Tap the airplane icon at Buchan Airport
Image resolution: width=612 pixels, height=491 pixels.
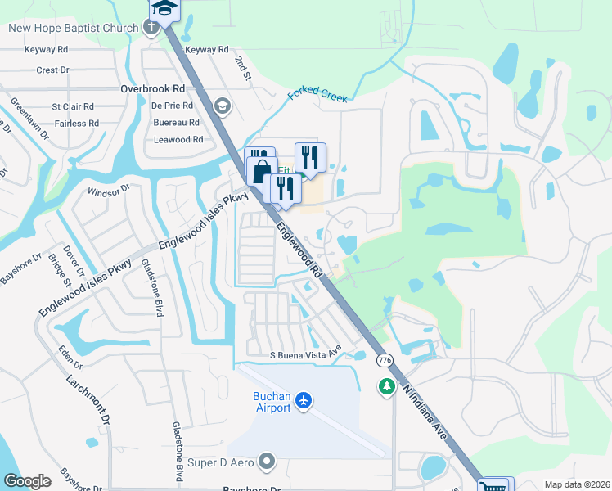[304, 400]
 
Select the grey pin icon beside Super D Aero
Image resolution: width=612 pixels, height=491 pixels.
[266, 463]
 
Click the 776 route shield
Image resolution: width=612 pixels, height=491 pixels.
[384, 360]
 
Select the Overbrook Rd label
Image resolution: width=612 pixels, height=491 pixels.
[153, 88]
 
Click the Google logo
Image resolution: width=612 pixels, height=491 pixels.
[27, 481]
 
